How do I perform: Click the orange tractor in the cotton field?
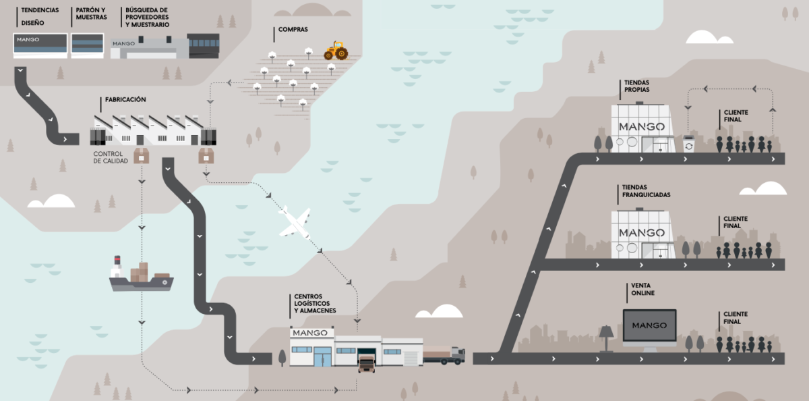coord(336,51)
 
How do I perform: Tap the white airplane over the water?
coord(295,222)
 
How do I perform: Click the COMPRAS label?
coord(293,30)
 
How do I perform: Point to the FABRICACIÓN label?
coord(125,99)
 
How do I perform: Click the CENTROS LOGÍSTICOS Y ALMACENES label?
coord(315,303)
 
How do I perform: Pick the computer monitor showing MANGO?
coord(649,327)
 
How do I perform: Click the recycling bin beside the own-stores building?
coord(688,144)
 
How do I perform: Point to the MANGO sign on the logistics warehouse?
coord(310,333)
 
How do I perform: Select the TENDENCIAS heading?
coord(40,11)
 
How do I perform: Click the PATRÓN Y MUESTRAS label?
coord(91,14)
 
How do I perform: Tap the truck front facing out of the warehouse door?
coord(367,363)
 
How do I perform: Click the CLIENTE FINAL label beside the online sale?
coord(736,317)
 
